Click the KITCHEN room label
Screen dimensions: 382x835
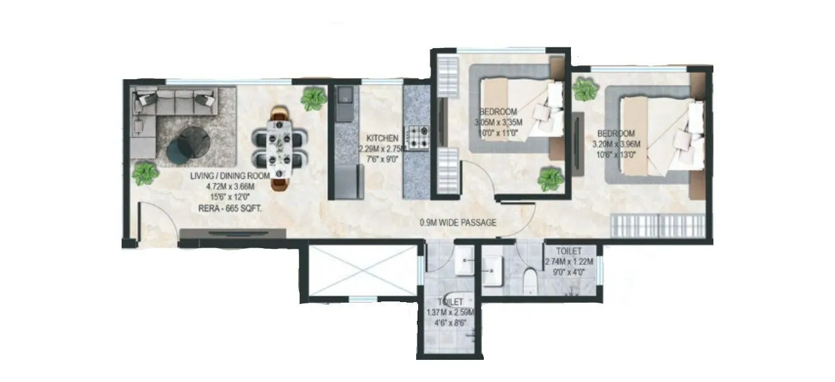[382, 138]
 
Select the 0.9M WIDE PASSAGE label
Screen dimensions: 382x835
[458, 223]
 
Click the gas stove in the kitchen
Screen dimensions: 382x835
[416, 136]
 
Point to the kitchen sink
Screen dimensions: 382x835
[345, 97]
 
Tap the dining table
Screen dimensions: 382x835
[282, 147]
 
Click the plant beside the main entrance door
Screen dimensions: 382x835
[144, 173]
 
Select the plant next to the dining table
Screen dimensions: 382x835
[313, 99]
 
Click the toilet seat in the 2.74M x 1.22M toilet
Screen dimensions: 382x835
[530, 280]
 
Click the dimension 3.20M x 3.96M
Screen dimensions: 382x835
[618, 144]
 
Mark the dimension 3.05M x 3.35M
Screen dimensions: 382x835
[499, 122]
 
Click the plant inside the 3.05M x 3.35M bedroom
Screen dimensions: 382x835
[551, 179]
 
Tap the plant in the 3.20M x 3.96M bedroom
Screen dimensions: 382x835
[585, 89]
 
